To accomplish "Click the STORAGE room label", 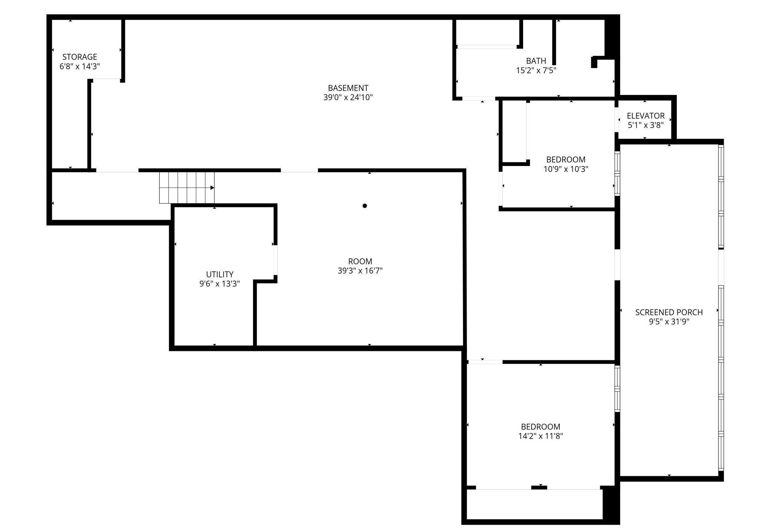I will pos(80,57).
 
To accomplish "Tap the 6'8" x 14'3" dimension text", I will pos(80,66).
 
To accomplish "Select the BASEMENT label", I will pos(348,88).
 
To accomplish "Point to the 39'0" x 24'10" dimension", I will pos(348,97).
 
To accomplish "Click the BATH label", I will pos(536,61).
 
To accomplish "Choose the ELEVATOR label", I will pos(646,116).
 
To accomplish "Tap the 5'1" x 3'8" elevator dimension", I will pos(646,125).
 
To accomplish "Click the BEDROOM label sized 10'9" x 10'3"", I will pos(566,159).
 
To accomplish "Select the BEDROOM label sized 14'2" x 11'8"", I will pos(540,427).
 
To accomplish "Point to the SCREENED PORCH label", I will pos(669,312).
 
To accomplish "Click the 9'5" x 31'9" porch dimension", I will pos(669,322).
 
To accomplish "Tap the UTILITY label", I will pos(220,274).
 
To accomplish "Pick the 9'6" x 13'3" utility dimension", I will pos(220,284).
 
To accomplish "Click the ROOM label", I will pos(360,261).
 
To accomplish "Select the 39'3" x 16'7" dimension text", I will pos(360,271).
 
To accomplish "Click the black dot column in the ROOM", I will pos(365,206).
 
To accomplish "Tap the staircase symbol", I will pos(186,188).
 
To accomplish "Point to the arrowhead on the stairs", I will pos(212,188).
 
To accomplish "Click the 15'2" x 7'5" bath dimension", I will pos(536,70).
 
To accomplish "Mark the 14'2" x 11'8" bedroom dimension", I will pos(540,436).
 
